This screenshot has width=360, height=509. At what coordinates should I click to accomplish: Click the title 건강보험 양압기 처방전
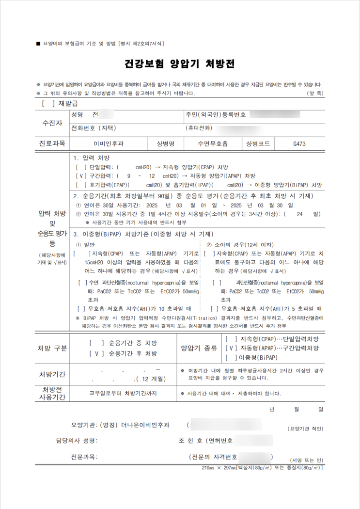point(180,64)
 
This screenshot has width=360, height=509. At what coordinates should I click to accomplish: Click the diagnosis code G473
point(299,143)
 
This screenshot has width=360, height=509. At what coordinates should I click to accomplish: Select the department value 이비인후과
point(109,143)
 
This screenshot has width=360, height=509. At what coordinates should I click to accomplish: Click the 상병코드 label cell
point(258,143)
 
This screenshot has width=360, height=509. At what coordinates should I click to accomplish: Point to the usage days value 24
point(300,214)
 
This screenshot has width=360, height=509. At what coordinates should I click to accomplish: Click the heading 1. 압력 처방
point(92,159)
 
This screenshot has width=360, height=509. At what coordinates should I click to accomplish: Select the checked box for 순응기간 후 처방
point(97,353)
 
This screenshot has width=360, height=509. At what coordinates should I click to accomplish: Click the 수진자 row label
point(52,123)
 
